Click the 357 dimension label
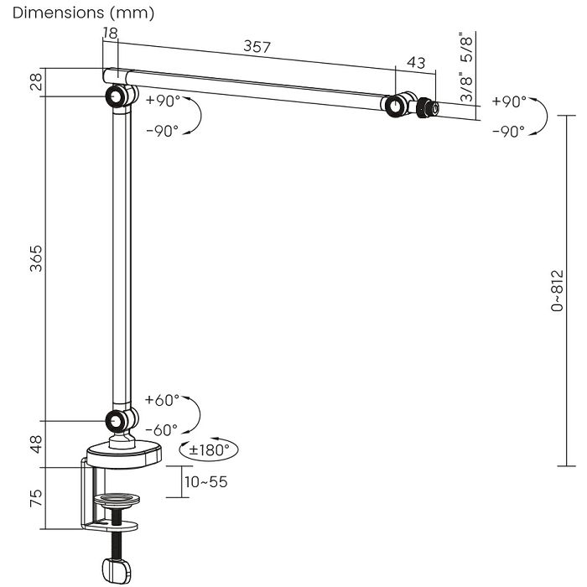257,46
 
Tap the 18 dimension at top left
111,33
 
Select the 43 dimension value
416,63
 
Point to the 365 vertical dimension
36,258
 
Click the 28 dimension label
36,82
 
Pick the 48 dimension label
36,444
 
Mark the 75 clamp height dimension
36,498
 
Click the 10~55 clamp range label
206,482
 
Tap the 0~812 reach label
557,290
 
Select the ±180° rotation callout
209,449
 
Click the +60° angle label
162,400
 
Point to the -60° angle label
161,430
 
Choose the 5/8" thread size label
467,49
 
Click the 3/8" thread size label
467,87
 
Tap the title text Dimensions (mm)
83,13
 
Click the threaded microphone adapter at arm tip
428,108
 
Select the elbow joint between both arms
121,96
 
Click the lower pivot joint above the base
121,421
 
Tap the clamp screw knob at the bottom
117,570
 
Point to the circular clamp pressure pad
117,500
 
